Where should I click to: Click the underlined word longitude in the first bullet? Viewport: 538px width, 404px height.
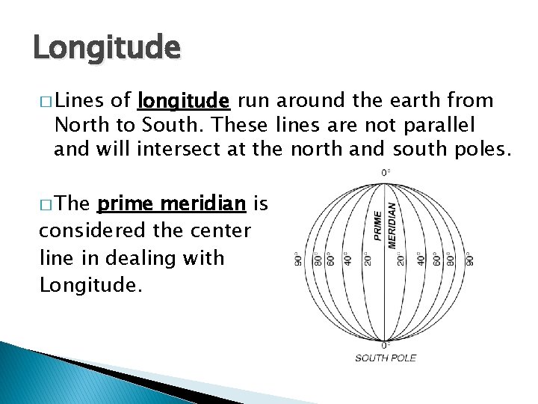[x=184, y=100]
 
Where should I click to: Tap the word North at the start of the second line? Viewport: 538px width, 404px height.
[x=80, y=123]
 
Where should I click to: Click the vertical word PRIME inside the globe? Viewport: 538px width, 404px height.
[x=377, y=224]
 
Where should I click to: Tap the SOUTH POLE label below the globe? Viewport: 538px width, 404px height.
[x=386, y=358]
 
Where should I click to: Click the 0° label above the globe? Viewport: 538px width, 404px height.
[x=386, y=173]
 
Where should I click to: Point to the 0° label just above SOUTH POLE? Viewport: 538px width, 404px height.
[x=386, y=345]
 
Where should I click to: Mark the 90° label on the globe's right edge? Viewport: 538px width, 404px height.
[x=470, y=259]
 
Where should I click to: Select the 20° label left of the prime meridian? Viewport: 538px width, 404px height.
[x=368, y=259]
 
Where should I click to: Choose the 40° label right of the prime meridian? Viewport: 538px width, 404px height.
[x=421, y=259]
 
